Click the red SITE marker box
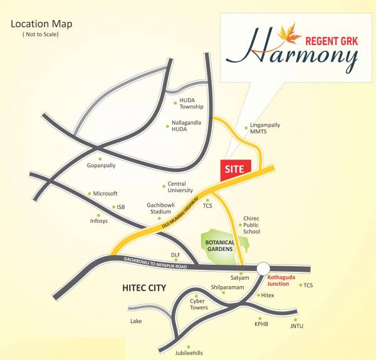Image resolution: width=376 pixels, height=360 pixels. [x=236, y=168]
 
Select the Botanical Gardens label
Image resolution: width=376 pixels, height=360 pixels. [x=221, y=244]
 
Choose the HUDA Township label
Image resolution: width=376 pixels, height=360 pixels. [x=192, y=103]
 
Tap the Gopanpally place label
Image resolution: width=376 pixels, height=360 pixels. [x=102, y=166]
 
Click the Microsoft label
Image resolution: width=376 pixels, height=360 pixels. [x=105, y=193]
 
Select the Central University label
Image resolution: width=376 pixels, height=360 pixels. [x=180, y=187]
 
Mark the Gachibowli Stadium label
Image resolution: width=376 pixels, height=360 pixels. [x=160, y=208]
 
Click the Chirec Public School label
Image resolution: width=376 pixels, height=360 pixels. [x=251, y=225]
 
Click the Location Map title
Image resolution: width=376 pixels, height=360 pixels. [x=41, y=24]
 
